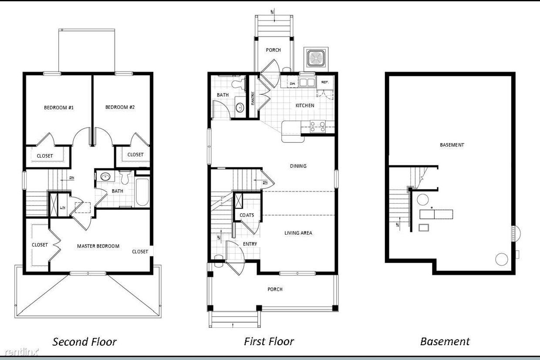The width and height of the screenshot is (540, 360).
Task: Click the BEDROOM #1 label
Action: [x=59, y=107]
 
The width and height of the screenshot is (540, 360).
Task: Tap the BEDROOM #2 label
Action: [x=120, y=107]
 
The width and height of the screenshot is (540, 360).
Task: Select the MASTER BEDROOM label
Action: [x=98, y=246]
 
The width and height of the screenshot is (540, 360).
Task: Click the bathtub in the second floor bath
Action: [x=142, y=192]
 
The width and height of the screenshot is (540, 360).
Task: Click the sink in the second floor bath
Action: [x=105, y=176]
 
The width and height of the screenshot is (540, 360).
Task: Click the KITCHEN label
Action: [x=305, y=105]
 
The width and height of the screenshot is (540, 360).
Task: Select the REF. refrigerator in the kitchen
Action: [x=325, y=82]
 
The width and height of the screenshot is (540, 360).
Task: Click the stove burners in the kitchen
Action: [x=317, y=126]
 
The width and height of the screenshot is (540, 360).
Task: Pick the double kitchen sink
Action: [x=307, y=82]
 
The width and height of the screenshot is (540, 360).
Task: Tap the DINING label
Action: [x=298, y=166]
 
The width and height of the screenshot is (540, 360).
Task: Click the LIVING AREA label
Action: [x=298, y=233]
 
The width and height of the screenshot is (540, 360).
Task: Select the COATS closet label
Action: [x=247, y=215]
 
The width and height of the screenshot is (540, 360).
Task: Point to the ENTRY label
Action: [x=250, y=244]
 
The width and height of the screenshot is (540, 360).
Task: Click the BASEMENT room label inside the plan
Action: [x=452, y=145]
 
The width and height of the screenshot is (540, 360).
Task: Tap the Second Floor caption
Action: [x=84, y=342]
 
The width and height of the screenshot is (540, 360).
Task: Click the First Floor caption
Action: [x=269, y=341]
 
